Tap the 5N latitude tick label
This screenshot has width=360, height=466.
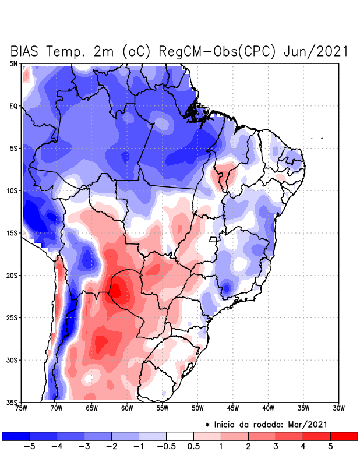pyautogui.click(x=13, y=63)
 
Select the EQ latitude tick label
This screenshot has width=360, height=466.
pyautogui.click(x=13, y=106)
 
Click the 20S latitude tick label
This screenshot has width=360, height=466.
pyautogui.click(x=12, y=276)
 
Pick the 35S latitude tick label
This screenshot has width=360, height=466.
pyautogui.click(x=12, y=403)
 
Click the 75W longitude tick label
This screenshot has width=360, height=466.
pyautogui.click(x=22, y=408)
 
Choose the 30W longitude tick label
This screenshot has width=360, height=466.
pyautogui.click(x=338, y=408)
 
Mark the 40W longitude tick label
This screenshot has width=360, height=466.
pyautogui.click(x=268, y=408)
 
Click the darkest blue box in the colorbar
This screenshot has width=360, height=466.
pyautogui.click(x=15, y=436)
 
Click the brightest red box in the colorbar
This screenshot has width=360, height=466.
pyautogui.click(x=344, y=436)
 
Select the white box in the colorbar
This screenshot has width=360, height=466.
pyautogui.click(x=179, y=436)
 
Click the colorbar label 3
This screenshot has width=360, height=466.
pyautogui.click(x=276, y=447)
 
